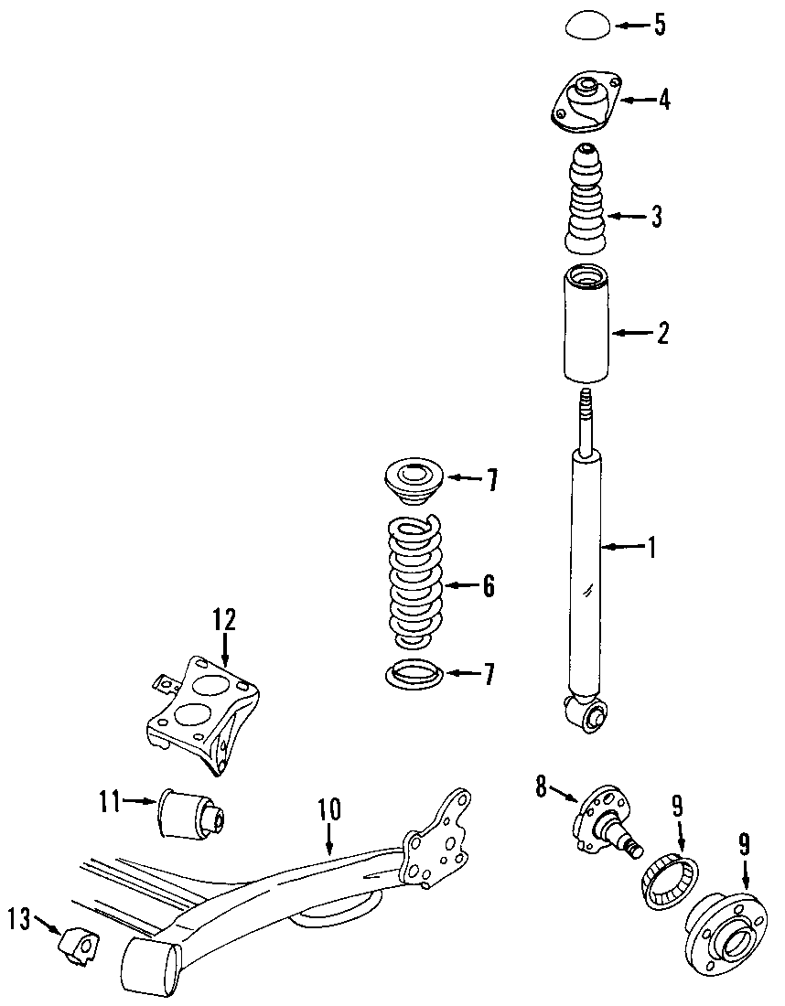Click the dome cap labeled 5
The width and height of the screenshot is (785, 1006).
pos(587,25)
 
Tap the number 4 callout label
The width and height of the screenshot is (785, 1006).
pos(663,100)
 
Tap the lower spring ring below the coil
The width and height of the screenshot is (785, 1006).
pos(414,675)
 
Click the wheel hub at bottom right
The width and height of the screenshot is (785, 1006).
pos(723,933)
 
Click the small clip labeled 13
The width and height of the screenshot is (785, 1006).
pos(79,945)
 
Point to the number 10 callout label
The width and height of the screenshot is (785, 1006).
pos(329,808)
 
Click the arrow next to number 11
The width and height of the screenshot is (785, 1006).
pos(140,802)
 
